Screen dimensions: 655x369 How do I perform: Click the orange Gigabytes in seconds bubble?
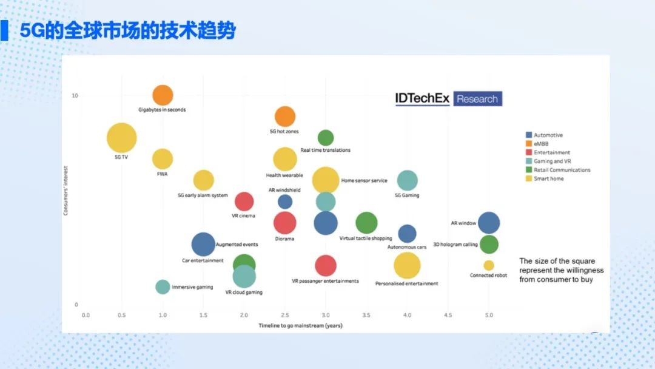(163, 95)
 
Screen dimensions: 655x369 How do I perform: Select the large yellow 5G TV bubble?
(121, 138)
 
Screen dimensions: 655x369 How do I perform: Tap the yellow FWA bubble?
(163, 159)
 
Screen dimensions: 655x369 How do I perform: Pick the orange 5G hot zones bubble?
(285, 117)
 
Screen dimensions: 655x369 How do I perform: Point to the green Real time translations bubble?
(326, 138)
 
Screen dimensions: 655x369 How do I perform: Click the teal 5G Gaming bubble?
(408, 180)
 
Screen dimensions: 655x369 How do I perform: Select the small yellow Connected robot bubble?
(489, 265)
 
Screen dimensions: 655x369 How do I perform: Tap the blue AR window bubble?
(489, 223)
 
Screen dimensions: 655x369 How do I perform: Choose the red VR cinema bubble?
(244, 202)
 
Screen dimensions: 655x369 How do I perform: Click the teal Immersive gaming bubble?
(163, 286)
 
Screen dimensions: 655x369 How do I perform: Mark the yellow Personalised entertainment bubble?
(407, 265)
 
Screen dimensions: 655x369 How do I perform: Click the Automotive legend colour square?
(529, 135)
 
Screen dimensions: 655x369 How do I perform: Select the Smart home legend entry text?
(548, 178)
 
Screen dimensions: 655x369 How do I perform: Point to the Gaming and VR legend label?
(553, 161)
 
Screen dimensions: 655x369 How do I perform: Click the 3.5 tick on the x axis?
(366, 315)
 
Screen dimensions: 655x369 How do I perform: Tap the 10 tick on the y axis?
(75, 95)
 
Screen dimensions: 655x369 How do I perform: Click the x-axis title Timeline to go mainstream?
(300, 325)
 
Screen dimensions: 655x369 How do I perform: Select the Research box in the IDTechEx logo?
(477, 99)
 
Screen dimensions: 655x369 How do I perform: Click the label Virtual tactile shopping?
(366, 238)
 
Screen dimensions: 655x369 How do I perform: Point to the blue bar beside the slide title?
(4, 30)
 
